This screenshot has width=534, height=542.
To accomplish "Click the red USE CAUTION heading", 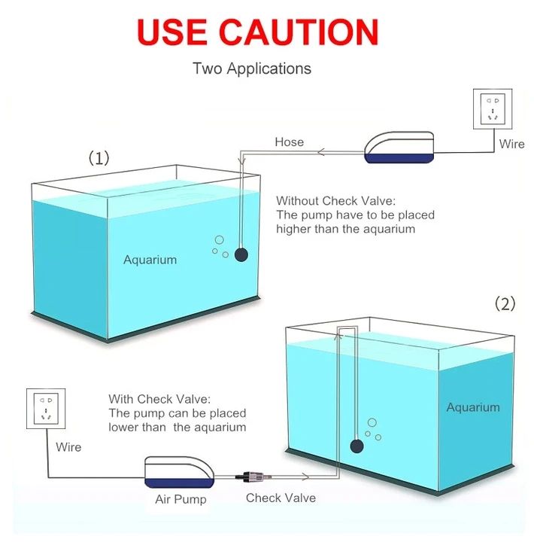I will pyautogui.click(x=257, y=32).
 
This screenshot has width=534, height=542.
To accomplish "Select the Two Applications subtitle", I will pyautogui.click(x=251, y=69).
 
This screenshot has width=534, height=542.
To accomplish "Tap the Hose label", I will pyautogui.click(x=289, y=142).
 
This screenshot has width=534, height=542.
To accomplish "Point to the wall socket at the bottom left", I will pyautogui.click(x=46, y=408).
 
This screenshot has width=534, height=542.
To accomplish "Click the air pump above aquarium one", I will pyautogui.click(x=399, y=148).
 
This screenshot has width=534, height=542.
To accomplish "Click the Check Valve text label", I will pyautogui.click(x=281, y=498).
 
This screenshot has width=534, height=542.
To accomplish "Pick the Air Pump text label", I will pyautogui.click(x=181, y=499).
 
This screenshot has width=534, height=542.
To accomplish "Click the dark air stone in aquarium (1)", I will pyautogui.click(x=241, y=254).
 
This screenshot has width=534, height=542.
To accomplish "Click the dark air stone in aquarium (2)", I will pyautogui.click(x=355, y=447).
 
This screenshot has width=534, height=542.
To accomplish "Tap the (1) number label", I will pyautogui.click(x=99, y=158).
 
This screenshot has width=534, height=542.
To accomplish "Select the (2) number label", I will pyautogui.click(x=505, y=303).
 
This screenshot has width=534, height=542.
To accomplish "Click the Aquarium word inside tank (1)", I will pyautogui.click(x=150, y=260).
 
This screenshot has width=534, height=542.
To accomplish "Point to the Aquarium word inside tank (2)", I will pyautogui.click(x=472, y=407).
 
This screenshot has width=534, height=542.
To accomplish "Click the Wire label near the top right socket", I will pyautogui.click(x=511, y=143).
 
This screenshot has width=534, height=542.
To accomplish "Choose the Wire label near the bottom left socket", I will pyautogui.click(x=68, y=447).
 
